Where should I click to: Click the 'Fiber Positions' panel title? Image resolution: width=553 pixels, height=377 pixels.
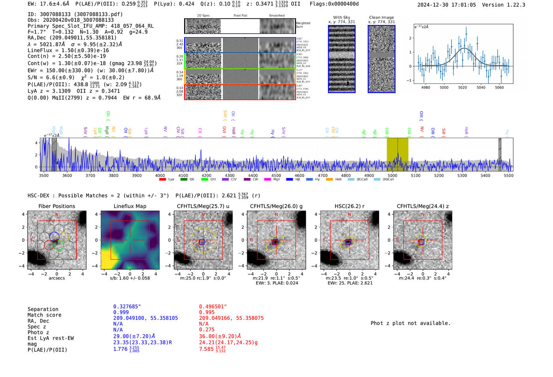56,206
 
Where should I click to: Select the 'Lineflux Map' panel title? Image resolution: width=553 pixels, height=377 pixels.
130,206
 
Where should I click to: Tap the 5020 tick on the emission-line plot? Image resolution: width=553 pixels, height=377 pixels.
463,87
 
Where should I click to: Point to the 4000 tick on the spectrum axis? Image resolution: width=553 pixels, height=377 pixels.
160,175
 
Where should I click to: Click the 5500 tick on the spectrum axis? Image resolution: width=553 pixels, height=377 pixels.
508,175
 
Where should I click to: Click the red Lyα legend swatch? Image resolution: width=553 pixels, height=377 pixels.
162,180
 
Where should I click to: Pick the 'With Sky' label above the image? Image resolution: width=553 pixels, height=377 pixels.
341,17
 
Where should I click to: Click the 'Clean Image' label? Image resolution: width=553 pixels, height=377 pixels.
381,17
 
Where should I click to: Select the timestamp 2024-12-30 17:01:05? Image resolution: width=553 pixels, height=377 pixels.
446,5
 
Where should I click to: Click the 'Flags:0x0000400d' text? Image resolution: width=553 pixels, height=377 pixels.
334,4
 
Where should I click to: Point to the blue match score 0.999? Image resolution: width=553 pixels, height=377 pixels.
121,312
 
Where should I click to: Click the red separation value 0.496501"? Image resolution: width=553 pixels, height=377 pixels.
213,307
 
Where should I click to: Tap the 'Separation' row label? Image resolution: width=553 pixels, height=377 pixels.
43,309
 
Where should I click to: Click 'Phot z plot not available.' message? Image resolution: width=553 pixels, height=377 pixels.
410,323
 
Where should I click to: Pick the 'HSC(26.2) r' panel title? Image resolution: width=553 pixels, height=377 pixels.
349,206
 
